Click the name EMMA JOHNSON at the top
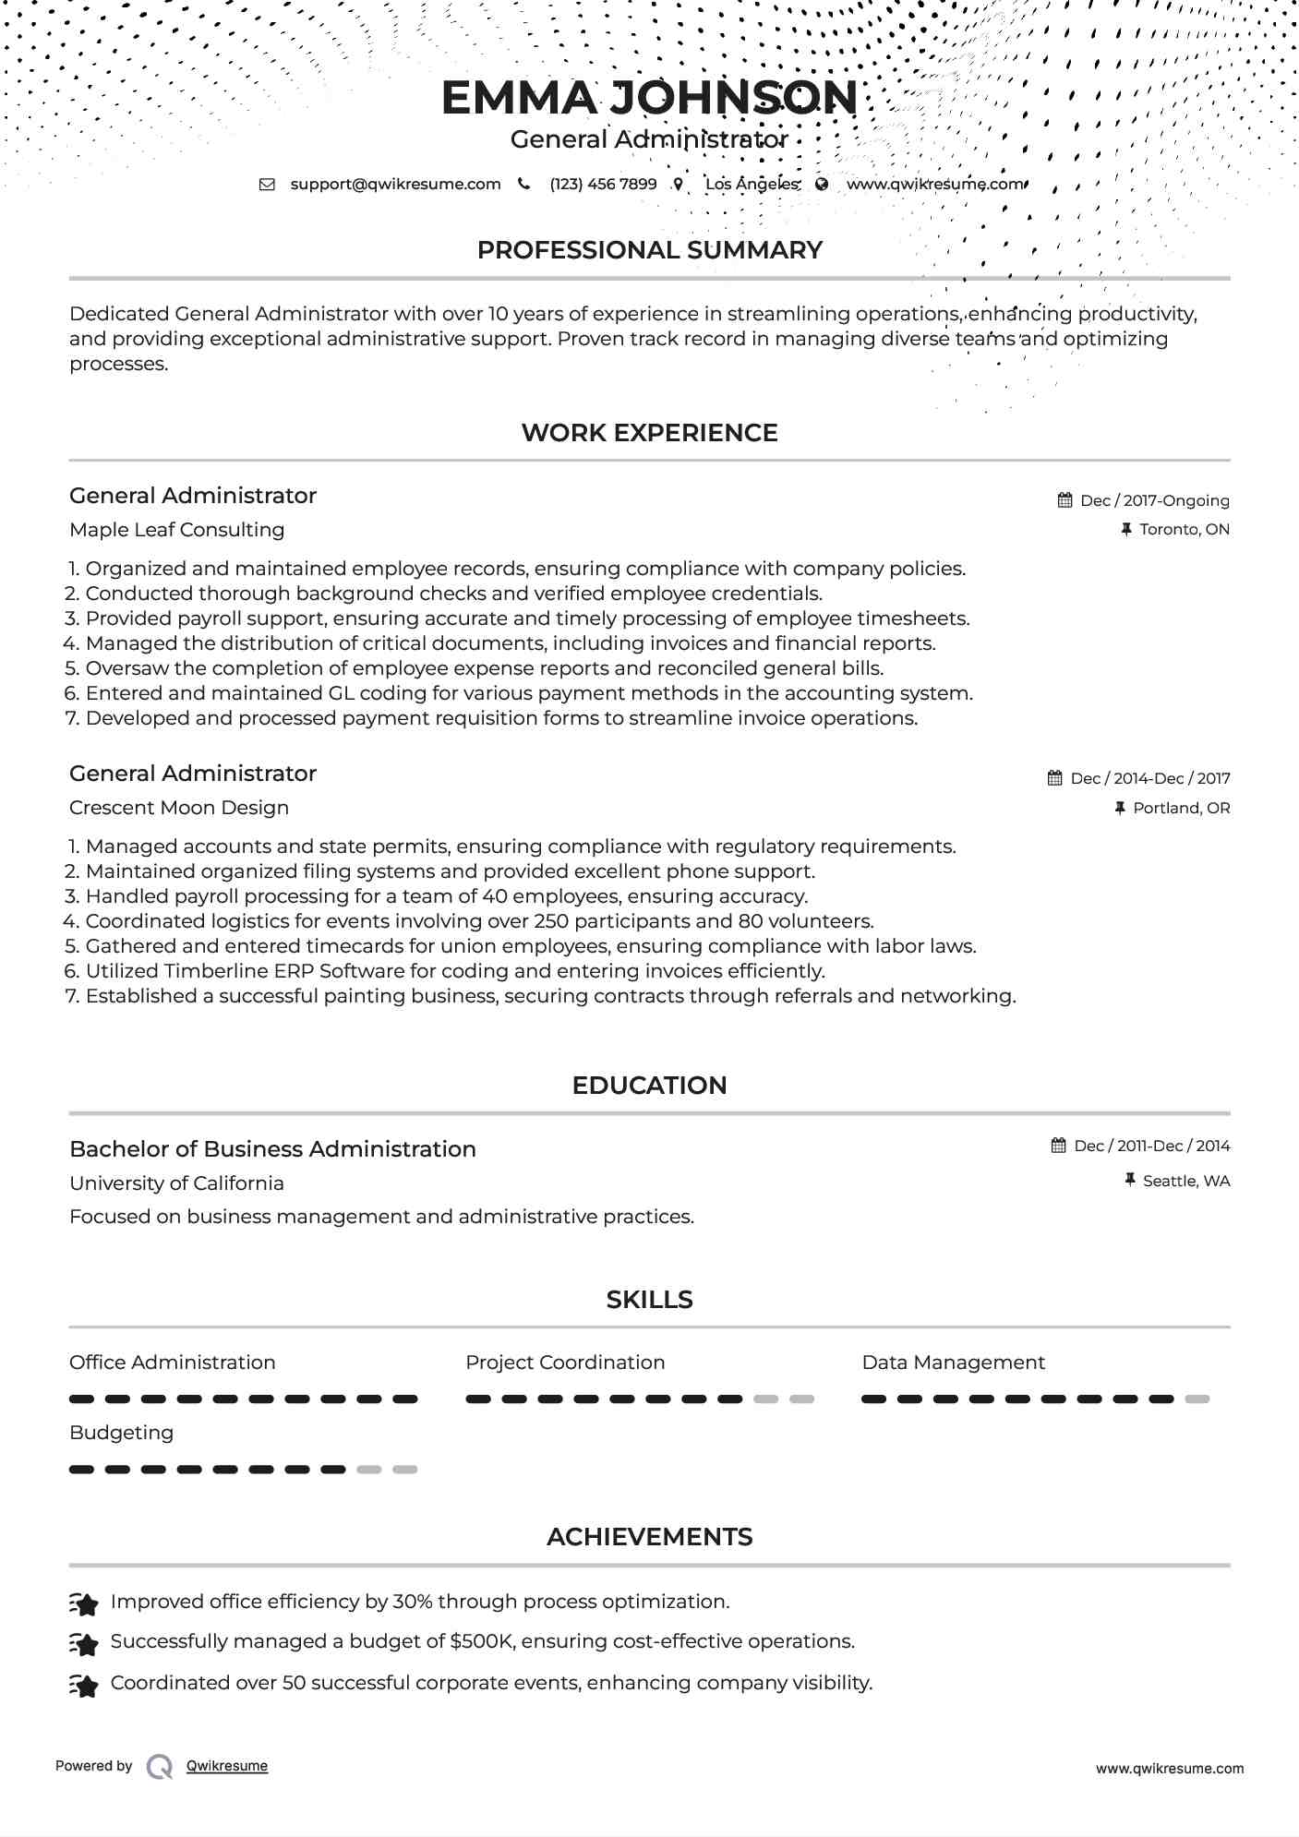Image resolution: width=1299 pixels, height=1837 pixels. click(x=649, y=98)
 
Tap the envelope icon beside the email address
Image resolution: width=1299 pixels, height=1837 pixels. click(x=267, y=185)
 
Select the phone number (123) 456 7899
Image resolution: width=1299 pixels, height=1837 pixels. click(x=603, y=185)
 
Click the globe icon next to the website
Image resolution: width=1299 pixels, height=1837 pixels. click(x=822, y=185)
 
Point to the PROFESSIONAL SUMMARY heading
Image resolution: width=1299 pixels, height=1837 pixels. click(x=649, y=250)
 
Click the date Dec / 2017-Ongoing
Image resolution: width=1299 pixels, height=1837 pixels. click(x=1154, y=501)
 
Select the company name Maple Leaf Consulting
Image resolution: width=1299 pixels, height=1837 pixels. click(x=176, y=530)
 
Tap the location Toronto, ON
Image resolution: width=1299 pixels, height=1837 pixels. click(x=1184, y=530)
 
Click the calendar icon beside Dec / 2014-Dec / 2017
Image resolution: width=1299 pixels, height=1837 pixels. click(x=1054, y=778)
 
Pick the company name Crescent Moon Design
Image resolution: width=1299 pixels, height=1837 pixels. click(x=179, y=808)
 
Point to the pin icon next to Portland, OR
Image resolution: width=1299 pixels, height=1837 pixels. click(x=1120, y=809)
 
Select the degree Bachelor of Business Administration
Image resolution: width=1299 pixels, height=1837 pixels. click(x=272, y=1149)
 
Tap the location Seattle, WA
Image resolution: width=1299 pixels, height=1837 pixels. click(x=1185, y=1182)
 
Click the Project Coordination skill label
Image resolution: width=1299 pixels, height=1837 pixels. click(x=565, y=1363)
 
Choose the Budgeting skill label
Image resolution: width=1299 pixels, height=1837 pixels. click(x=121, y=1433)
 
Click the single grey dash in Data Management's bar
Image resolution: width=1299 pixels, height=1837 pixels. click(x=1197, y=1399)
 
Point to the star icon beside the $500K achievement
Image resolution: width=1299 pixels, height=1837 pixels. click(x=84, y=1644)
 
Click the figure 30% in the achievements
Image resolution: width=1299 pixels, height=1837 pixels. click(x=413, y=1602)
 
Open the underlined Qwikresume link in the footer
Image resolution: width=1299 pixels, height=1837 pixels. click(x=227, y=1766)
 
